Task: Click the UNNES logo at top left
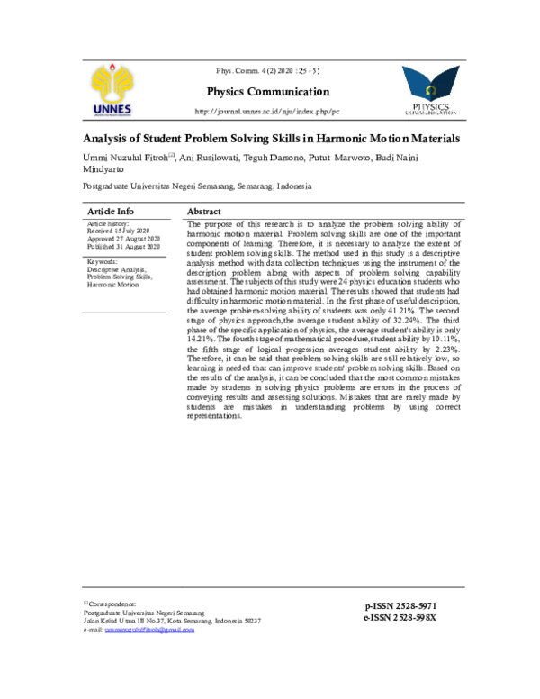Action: (112, 91)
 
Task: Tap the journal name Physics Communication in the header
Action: (268, 92)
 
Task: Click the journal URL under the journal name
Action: (267, 112)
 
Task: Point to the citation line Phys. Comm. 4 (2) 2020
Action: (268, 71)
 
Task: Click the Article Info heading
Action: (111, 210)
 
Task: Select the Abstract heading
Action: (204, 210)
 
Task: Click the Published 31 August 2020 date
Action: (123, 246)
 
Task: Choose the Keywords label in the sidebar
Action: (105, 261)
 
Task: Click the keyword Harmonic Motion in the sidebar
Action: (113, 284)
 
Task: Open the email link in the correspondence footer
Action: (148, 630)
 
